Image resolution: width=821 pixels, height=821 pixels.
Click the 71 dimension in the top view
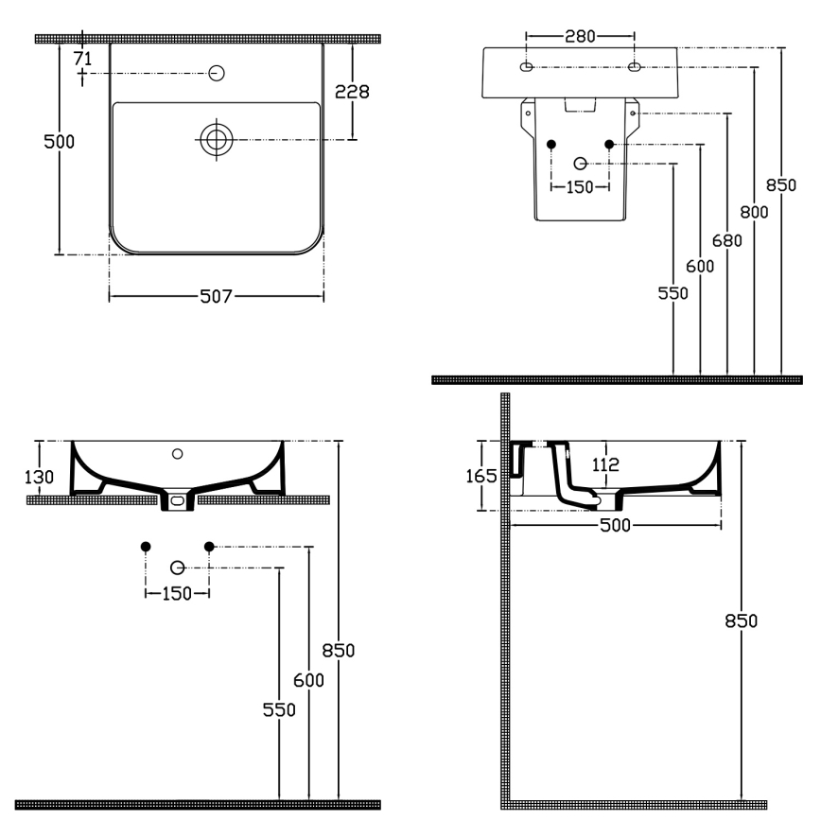click(83, 59)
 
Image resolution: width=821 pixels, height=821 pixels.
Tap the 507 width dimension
click(216, 297)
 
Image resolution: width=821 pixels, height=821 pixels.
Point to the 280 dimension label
click(580, 37)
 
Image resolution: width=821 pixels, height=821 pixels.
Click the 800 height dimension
click(754, 212)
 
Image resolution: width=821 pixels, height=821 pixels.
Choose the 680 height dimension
click(726, 239)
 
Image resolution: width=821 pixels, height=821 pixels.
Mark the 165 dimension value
click(483, 476)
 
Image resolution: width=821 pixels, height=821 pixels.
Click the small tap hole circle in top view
click(217, 73)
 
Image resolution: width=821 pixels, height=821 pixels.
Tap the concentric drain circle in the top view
click(217, 140)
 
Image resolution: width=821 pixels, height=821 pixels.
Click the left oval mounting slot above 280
click(527, 67)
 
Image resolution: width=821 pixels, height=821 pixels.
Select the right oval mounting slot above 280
click(634, 67)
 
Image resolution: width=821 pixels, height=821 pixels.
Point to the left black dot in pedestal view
click(552, 144)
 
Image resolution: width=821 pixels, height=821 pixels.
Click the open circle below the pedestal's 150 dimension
click(581, 163)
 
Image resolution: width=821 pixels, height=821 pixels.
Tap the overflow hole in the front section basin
click(177, 454)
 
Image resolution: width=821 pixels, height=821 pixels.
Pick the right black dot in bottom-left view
click(210, 546)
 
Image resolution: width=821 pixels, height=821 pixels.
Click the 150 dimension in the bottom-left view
click(177, 593)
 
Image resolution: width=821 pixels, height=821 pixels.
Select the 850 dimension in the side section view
click(742, 620)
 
